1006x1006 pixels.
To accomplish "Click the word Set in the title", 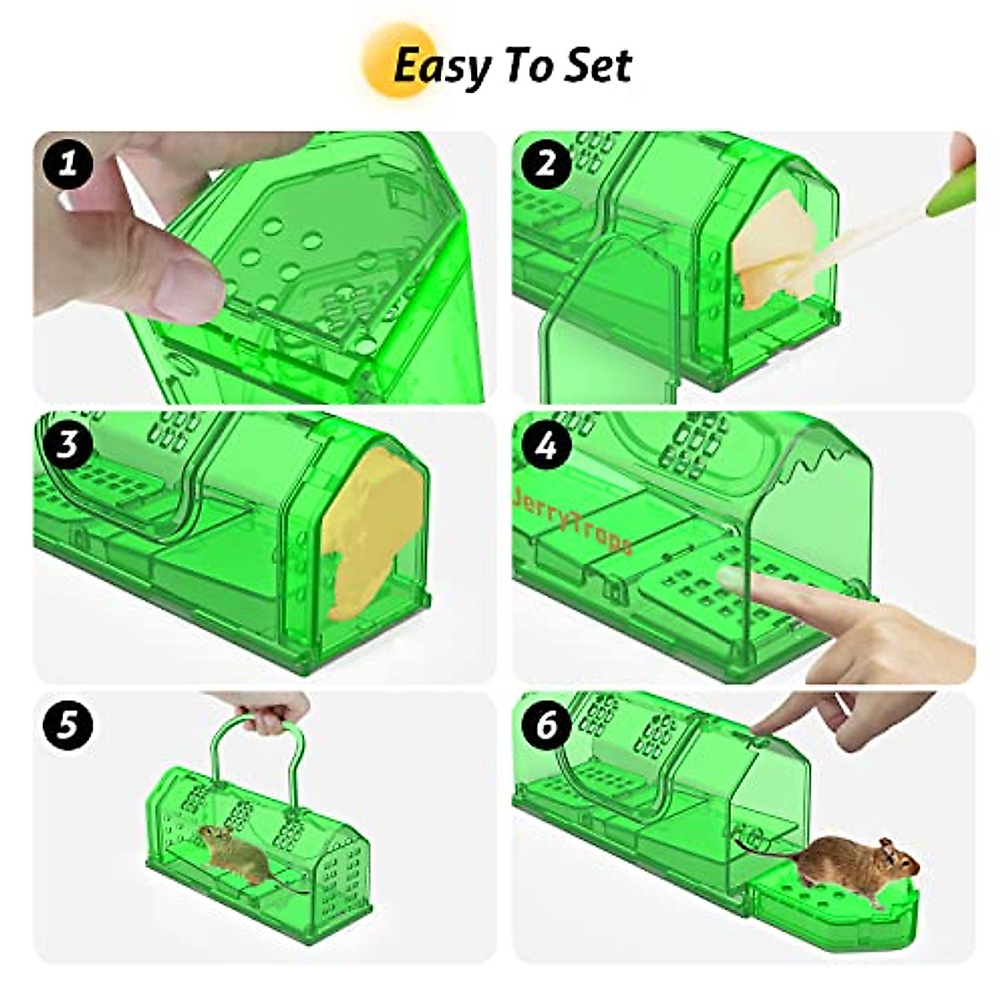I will (596, 65).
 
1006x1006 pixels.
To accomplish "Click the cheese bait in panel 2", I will (775, 251).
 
